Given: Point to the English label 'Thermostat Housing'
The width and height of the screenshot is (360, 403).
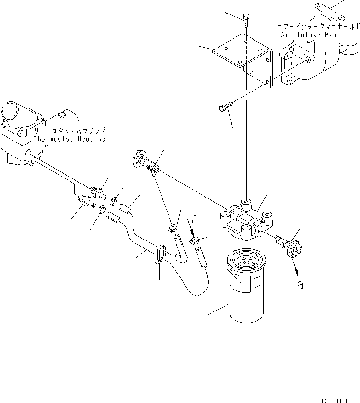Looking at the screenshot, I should (69, 139).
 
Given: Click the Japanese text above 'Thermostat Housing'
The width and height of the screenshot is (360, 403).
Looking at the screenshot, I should (69, 132).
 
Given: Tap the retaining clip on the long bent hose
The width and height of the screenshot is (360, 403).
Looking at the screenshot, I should (160, 255).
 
